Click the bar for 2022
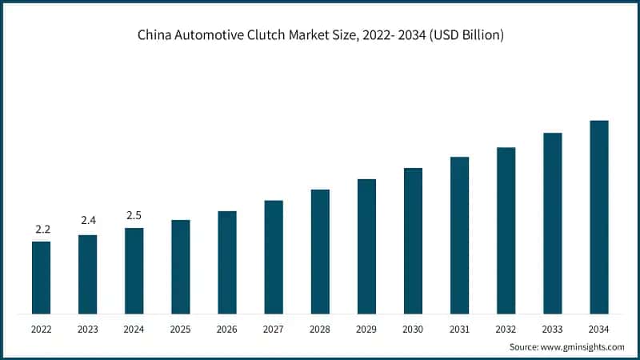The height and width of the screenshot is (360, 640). pos(41,277)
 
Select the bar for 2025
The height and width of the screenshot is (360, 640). pos(181,266)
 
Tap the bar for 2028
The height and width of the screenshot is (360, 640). pos(320,251)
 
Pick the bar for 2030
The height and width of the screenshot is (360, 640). pos(413,240)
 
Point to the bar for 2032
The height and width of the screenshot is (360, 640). pos(506,230)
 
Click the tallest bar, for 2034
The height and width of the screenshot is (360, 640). pos(598,217)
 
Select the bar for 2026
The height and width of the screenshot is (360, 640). pos(227,262)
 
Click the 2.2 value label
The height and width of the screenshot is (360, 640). pos(42,230)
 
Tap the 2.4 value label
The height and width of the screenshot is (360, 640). pos(88,221)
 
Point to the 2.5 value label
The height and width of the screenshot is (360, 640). pos(134,214)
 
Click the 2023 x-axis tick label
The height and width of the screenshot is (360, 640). pos(88,329)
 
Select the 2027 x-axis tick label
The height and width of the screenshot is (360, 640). pos(274,329)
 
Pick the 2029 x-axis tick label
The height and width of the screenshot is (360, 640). pos(366,329)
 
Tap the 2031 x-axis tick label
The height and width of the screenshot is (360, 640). pos(459,329)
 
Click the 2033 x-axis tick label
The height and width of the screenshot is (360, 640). pos(552,329)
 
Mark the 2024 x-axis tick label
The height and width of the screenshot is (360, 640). pos(134,329)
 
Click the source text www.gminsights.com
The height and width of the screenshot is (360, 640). pos(583,346)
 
